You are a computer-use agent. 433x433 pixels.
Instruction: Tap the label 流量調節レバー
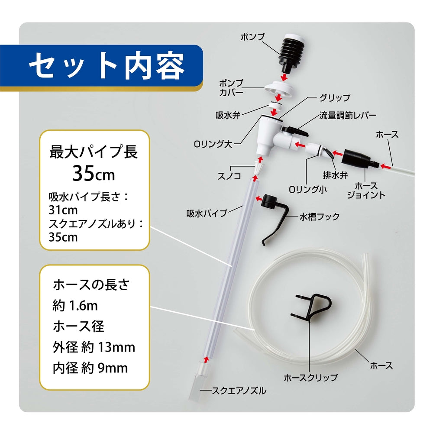point(347,116)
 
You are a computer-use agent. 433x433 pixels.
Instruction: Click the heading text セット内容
point(107,66)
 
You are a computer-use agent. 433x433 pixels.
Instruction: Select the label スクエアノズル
point(239,391)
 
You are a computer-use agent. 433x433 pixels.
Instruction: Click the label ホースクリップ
point(310,378)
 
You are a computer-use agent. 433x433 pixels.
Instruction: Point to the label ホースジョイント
point(366,191)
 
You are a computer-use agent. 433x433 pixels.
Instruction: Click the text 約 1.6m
point(75,306)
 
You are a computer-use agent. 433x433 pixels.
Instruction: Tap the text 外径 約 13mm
point(94,347)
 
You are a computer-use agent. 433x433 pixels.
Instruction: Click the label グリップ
point(334,98)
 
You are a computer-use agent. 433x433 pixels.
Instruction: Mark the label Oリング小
point(307,189)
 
